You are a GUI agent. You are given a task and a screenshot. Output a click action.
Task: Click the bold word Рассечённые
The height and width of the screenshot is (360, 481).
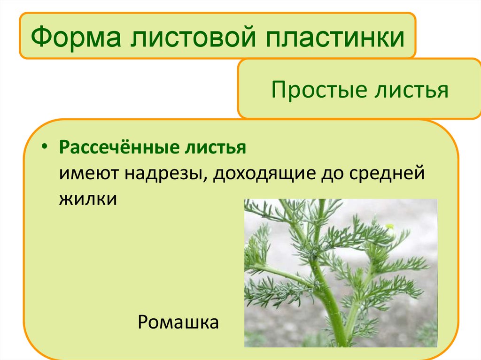pos(112,148)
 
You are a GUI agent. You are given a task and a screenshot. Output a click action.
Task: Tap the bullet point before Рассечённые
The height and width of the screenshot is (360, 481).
pos(44,147)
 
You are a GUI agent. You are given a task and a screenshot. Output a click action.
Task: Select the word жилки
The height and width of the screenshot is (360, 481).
pos(87,198)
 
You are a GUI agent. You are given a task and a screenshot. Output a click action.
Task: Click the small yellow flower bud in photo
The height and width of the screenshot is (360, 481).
pos(389,227)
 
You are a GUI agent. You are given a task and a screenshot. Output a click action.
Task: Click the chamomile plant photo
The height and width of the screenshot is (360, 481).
pos(341,272)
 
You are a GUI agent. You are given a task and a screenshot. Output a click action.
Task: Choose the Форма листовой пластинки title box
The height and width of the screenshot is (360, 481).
pos(217,36)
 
